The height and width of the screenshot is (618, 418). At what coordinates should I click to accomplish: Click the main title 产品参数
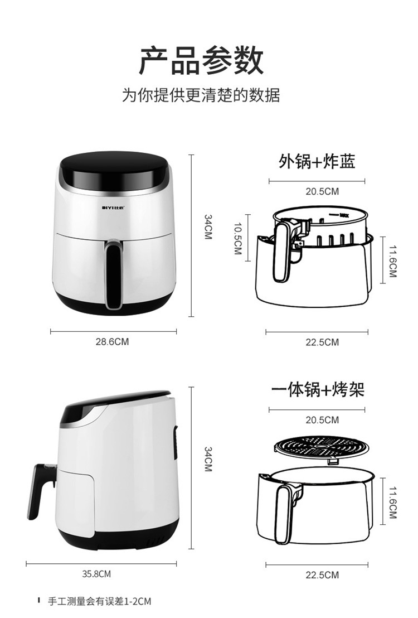[201, 60]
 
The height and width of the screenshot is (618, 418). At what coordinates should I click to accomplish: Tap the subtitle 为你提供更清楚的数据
[201, 95]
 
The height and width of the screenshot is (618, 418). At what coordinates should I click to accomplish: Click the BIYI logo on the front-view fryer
[113, 207]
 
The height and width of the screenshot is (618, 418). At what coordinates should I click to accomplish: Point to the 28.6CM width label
[112, 342]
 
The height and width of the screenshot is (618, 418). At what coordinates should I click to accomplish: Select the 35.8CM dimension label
[96, 574]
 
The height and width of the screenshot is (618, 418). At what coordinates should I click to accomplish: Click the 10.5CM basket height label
[238, 239]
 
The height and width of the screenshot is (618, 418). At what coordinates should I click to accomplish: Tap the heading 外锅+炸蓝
[317, 161]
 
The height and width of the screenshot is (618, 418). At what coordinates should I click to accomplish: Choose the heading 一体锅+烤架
[318, 389]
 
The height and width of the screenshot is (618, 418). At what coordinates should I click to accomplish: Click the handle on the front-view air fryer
[113, 275]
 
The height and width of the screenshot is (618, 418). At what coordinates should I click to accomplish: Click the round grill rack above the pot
[322, 448]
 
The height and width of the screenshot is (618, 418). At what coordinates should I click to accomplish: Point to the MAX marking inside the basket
[344, 215]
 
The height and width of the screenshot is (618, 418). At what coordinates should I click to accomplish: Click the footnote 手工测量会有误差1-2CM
[99, 601]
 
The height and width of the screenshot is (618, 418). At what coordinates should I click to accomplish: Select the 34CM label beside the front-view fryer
[208, 226]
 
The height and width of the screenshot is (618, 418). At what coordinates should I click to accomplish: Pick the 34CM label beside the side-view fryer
[208, 459]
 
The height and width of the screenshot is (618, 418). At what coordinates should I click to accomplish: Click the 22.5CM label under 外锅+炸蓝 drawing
[322, 342]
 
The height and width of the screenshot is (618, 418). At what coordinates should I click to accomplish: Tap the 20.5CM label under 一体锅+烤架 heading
[322, 420]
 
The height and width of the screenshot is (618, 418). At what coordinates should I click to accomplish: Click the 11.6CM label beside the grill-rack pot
[393, 502]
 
